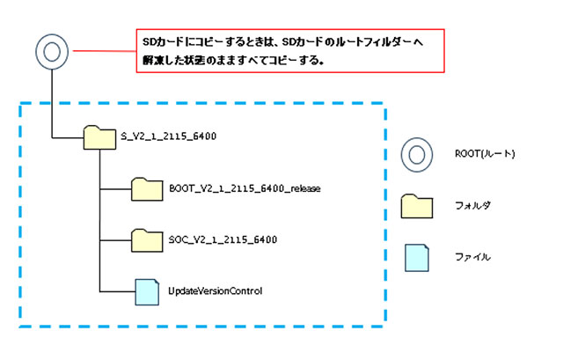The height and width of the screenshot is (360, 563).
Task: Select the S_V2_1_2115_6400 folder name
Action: tap(167, 136)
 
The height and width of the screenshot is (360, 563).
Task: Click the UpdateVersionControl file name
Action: tap(215, 290)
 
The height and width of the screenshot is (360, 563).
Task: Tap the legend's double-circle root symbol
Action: tap(418, 155)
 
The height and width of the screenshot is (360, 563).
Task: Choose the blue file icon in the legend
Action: tap(419, 257)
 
